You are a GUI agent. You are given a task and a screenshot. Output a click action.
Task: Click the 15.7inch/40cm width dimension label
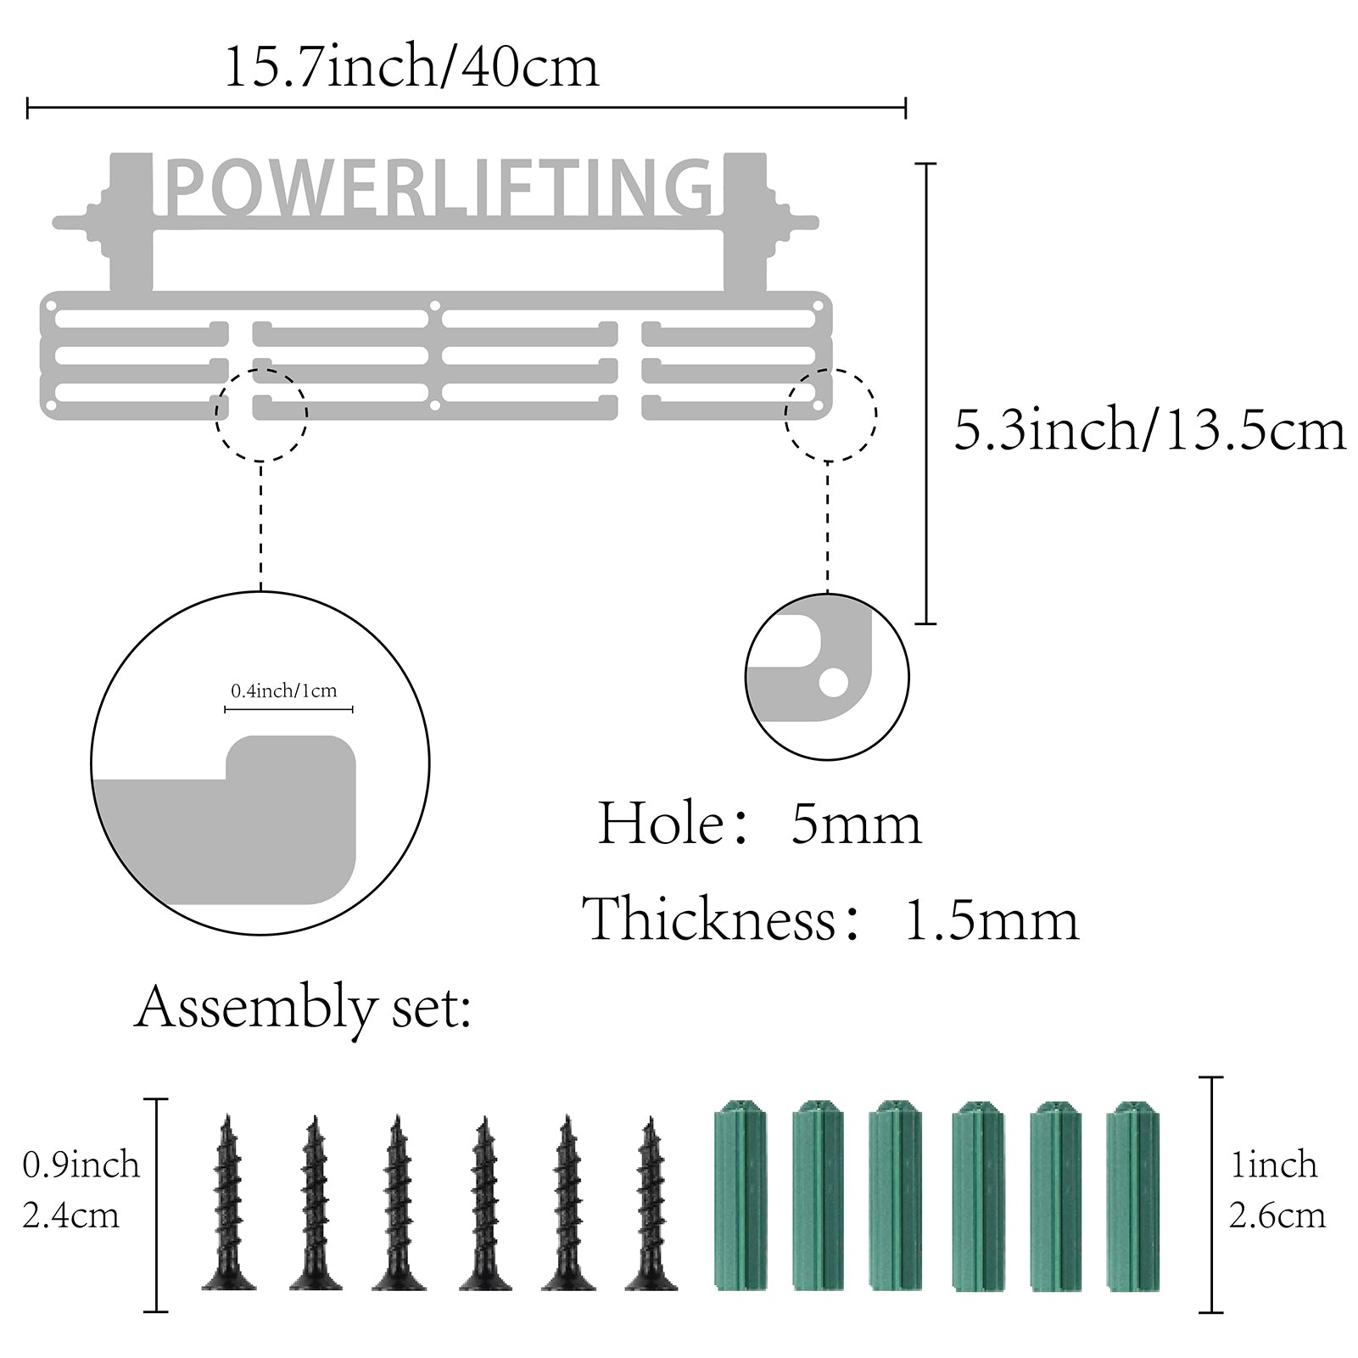click(x=411, y=67)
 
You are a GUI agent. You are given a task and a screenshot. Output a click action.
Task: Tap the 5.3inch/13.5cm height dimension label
click(x=1150, y=430)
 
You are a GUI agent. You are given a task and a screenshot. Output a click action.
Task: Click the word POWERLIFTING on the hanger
click(x=439, y=187)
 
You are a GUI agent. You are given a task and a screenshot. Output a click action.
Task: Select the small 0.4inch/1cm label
click(x=283, y=690)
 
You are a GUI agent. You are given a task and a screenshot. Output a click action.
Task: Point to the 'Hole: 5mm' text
click(x=759, y=824)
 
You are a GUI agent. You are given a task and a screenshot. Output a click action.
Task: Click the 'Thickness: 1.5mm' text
click(x=830, y=919)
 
